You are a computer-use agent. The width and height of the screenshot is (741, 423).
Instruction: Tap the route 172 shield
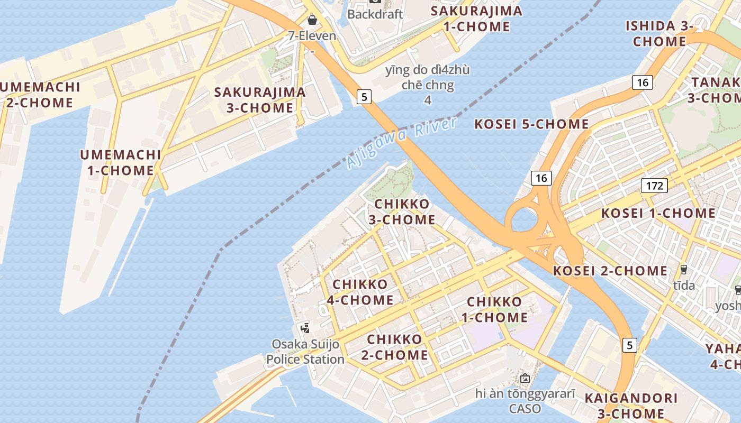pyautogui.click(x=654, y=186)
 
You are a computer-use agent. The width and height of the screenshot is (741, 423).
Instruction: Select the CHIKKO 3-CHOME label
pyautogui.click(x=405, y=212)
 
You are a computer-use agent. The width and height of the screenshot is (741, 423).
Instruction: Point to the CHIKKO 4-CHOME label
pyautogui.click(x=363, y=292)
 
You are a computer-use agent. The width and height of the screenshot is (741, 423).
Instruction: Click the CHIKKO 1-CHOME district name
pyautogui.click(x=497, y=310)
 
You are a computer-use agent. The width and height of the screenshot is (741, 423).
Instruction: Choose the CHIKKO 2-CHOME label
pyautogui.click(x=397, y=347)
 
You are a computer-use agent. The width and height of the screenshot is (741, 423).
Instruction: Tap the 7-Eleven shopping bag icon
pyautogui.click(x=312, y=20)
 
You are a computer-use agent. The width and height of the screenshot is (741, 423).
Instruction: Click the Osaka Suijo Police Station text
pyautogui.click(x=305, y=352)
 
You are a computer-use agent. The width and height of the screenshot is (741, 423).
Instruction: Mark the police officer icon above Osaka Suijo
pyautogui.click(x=305, y=328)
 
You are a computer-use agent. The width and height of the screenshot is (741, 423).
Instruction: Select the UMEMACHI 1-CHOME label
pyautogui.click(x=120, y=162)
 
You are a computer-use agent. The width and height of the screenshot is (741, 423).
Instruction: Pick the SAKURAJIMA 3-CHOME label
pyautogui.click(x=260, y=100)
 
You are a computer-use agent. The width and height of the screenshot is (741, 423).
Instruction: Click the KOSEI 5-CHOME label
pyautogui.click(x=531, y=124)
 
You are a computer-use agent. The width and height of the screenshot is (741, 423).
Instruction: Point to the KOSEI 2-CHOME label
pyautogui.click(x=610, y=271)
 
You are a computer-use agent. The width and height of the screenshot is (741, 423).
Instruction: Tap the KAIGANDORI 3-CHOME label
pyautogui.click(x=630, y=406)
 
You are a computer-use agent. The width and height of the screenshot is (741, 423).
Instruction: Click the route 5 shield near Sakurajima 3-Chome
pyautogui.click(x=364, y=97)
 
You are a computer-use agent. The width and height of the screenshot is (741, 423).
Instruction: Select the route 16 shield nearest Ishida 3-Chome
pyautogui.click(x=642, y=82)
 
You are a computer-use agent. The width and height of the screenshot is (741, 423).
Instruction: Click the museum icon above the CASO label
pyautogui.click(x=525, y=378)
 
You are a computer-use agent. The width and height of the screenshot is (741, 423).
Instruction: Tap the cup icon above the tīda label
pyautogui.click(x=684, y=269)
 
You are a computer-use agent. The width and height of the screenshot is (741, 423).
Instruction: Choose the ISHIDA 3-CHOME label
pyautogui.click(x=659, y=33)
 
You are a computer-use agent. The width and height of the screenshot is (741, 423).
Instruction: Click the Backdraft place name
pyautogui.click(x=375, y=14)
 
